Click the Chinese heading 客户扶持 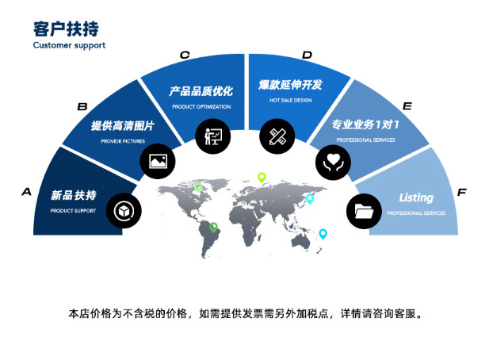[66, 29]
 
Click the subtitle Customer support [69, 45]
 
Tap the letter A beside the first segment [26, 192]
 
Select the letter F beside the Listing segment [462, 192]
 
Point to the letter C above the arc [185, 56]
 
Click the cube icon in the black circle [124, 211]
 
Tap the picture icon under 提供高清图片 [158, 161]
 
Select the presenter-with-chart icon [213, 136]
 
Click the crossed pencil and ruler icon [277, 136]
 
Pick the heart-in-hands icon [333, 163]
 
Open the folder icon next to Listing [364, 211]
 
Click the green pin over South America [214, 228]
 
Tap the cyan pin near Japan [310, 199]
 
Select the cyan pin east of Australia [323, 234]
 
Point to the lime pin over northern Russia [262, 178]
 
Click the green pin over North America [198, 187]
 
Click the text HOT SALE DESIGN [291, 100]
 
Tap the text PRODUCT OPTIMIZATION [201, 107]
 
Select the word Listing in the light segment [416, 197]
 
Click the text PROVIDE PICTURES [123, 141]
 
